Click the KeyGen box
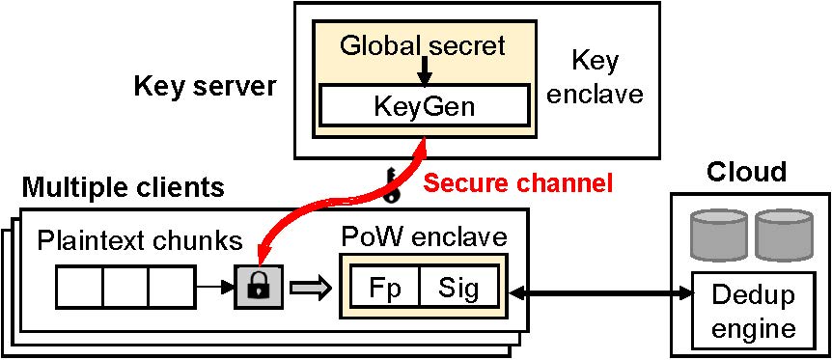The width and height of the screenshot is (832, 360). pyautogui.click(x=424, y=104)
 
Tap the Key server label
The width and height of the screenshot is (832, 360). pyautogui.click(x=205, y=88)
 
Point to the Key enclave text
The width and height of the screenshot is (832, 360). pyautogui.click(x=595, y=77)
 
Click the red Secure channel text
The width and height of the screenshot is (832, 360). pyautogui.click(x=519, y=182)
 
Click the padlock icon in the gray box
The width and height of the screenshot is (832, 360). pyautogui.click(x=258, y=286)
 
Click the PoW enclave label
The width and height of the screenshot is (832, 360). pyautogui.click(x=423, y=236)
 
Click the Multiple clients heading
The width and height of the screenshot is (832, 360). pyautogui.click(x=124, y=186)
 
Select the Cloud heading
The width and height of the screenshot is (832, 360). pyautogui.click(x=746, y=173)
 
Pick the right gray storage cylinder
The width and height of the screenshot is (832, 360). pyautogui.click(x=781, y=232)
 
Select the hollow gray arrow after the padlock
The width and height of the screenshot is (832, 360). pyautogui.click(x=309, y=287)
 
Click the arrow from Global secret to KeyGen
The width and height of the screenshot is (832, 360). pyautogui.click(x=424, y=69)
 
